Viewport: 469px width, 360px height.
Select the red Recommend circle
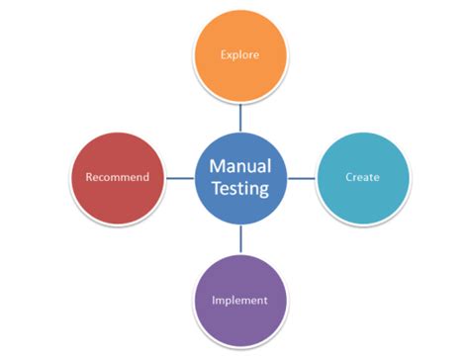tap(118, 178)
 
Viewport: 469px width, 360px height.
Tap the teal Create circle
tap(362, 178)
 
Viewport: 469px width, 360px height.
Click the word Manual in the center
tap(239, 167)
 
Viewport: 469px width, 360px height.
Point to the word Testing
tap(240, 189)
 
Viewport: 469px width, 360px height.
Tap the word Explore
tap(239, 55)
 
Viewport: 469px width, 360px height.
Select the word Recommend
tap(118, 178)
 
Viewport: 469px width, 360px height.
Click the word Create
tap(362, 178)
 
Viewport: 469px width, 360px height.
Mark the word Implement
tap(239, 300)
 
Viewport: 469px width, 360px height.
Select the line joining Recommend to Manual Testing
tap(179, 178)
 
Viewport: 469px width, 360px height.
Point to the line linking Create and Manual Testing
tap(301, 178)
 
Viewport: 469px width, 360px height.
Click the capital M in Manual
tap(215, 167)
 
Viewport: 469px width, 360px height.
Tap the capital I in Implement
tap(215, 300)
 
